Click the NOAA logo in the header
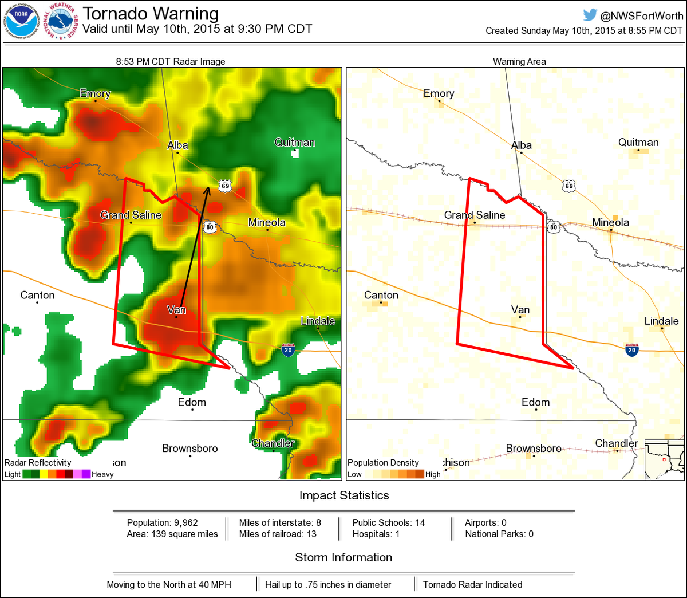click(x=22, y=21)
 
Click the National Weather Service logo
click(x=61, y=21)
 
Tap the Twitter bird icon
click(x=590, y=15)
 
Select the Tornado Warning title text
click(x=151, y=14)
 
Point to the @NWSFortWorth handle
click(x=641, y=16)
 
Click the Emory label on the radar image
click(x=95, y=93)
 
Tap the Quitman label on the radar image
click(x=294, y=143)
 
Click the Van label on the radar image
click(x=176, y=310)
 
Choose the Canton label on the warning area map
click(x=381, y=295)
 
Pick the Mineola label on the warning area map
click(x=610, y=222)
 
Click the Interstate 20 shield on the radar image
click(x=288, y=350)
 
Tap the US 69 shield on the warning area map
click(x=568, y=186)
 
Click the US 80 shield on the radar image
click(x=210, y=227)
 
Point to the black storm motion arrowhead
click(x=207, y=190)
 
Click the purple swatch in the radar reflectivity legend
click(x=86, y=474)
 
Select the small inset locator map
click(x=664, y=459)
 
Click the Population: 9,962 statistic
click(x=163, y=522)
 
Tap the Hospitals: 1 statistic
click(x=376, y=534)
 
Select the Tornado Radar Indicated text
click(x=472, y=584)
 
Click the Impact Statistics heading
click(x=344, y=495)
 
